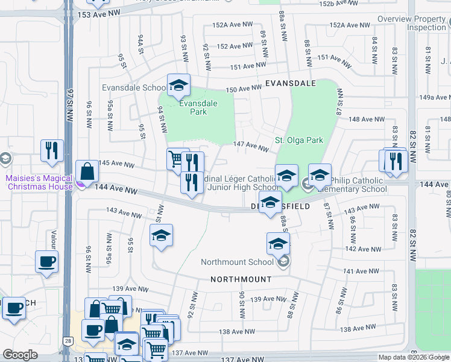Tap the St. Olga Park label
pos(299,141)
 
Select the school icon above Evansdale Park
pos(178,86)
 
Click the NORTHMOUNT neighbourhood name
pos(241,280)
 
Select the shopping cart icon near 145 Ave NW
pos(175,159)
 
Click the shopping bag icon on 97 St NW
pos(87,171)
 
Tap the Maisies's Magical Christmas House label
pos(39,182)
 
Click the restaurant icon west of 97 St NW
pos(52,150)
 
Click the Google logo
pos(20,355)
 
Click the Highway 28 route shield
pos(68,341)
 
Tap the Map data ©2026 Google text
pos(414,357)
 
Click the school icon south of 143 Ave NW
pos(161,235)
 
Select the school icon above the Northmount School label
pos(278,244)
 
